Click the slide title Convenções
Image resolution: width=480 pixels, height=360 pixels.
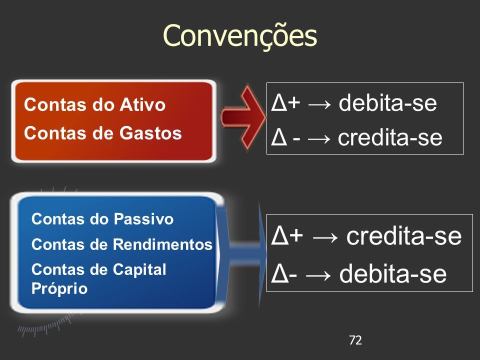coord(239,36)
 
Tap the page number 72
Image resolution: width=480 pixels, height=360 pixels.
coord(355,340)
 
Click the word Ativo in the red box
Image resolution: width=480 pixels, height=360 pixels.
coord(142,104)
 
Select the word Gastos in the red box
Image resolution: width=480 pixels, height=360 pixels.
coord(150,133)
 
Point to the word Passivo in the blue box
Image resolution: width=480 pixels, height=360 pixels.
coord(143,219)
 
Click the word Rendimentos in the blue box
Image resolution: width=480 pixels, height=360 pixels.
coord(162,244)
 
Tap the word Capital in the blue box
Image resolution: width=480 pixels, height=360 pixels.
coord(139,270)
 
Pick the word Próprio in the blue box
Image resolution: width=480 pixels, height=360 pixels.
coord(59,288)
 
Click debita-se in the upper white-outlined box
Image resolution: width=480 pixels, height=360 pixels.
coord(387,102)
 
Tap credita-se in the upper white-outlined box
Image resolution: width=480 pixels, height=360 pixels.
coord(390,137)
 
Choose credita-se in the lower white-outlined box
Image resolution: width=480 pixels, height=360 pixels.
coord(404,235)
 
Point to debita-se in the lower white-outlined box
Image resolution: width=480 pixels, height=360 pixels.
coord(393,273)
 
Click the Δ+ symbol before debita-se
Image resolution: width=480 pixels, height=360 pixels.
coord(285,102)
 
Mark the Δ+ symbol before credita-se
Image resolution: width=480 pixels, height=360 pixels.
coord(287,235)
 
